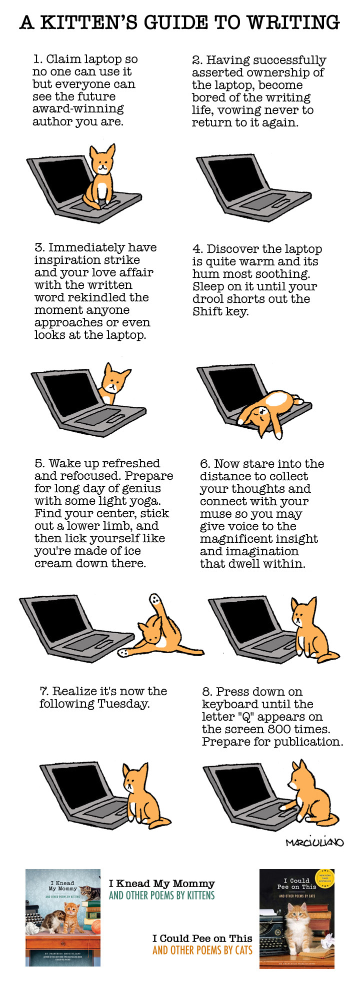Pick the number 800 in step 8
click(272, 729)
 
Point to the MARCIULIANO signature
click(314, 843)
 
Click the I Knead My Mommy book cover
click(62, 917)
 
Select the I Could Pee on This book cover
click(296, 918)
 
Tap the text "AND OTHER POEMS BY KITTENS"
click(161, 896)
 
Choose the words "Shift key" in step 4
click(220, 311)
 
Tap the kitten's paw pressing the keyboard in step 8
click(283, 806)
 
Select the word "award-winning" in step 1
click(78, 109)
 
